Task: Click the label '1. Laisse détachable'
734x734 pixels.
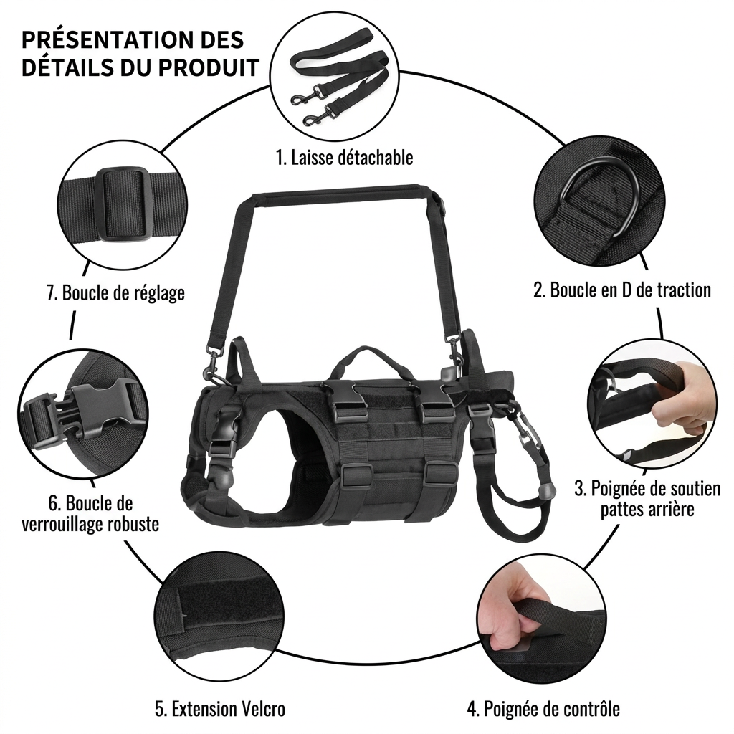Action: tap(345, 158)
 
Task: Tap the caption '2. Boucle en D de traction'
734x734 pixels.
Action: tap(622, 290)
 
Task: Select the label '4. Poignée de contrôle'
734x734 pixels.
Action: tap(543, 709)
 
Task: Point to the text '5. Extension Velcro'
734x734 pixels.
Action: tap(220, 709)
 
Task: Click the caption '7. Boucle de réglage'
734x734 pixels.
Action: tap(115, 293)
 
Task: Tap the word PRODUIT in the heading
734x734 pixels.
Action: tap(209, 67)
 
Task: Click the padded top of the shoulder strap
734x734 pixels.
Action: tap(341, 193)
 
